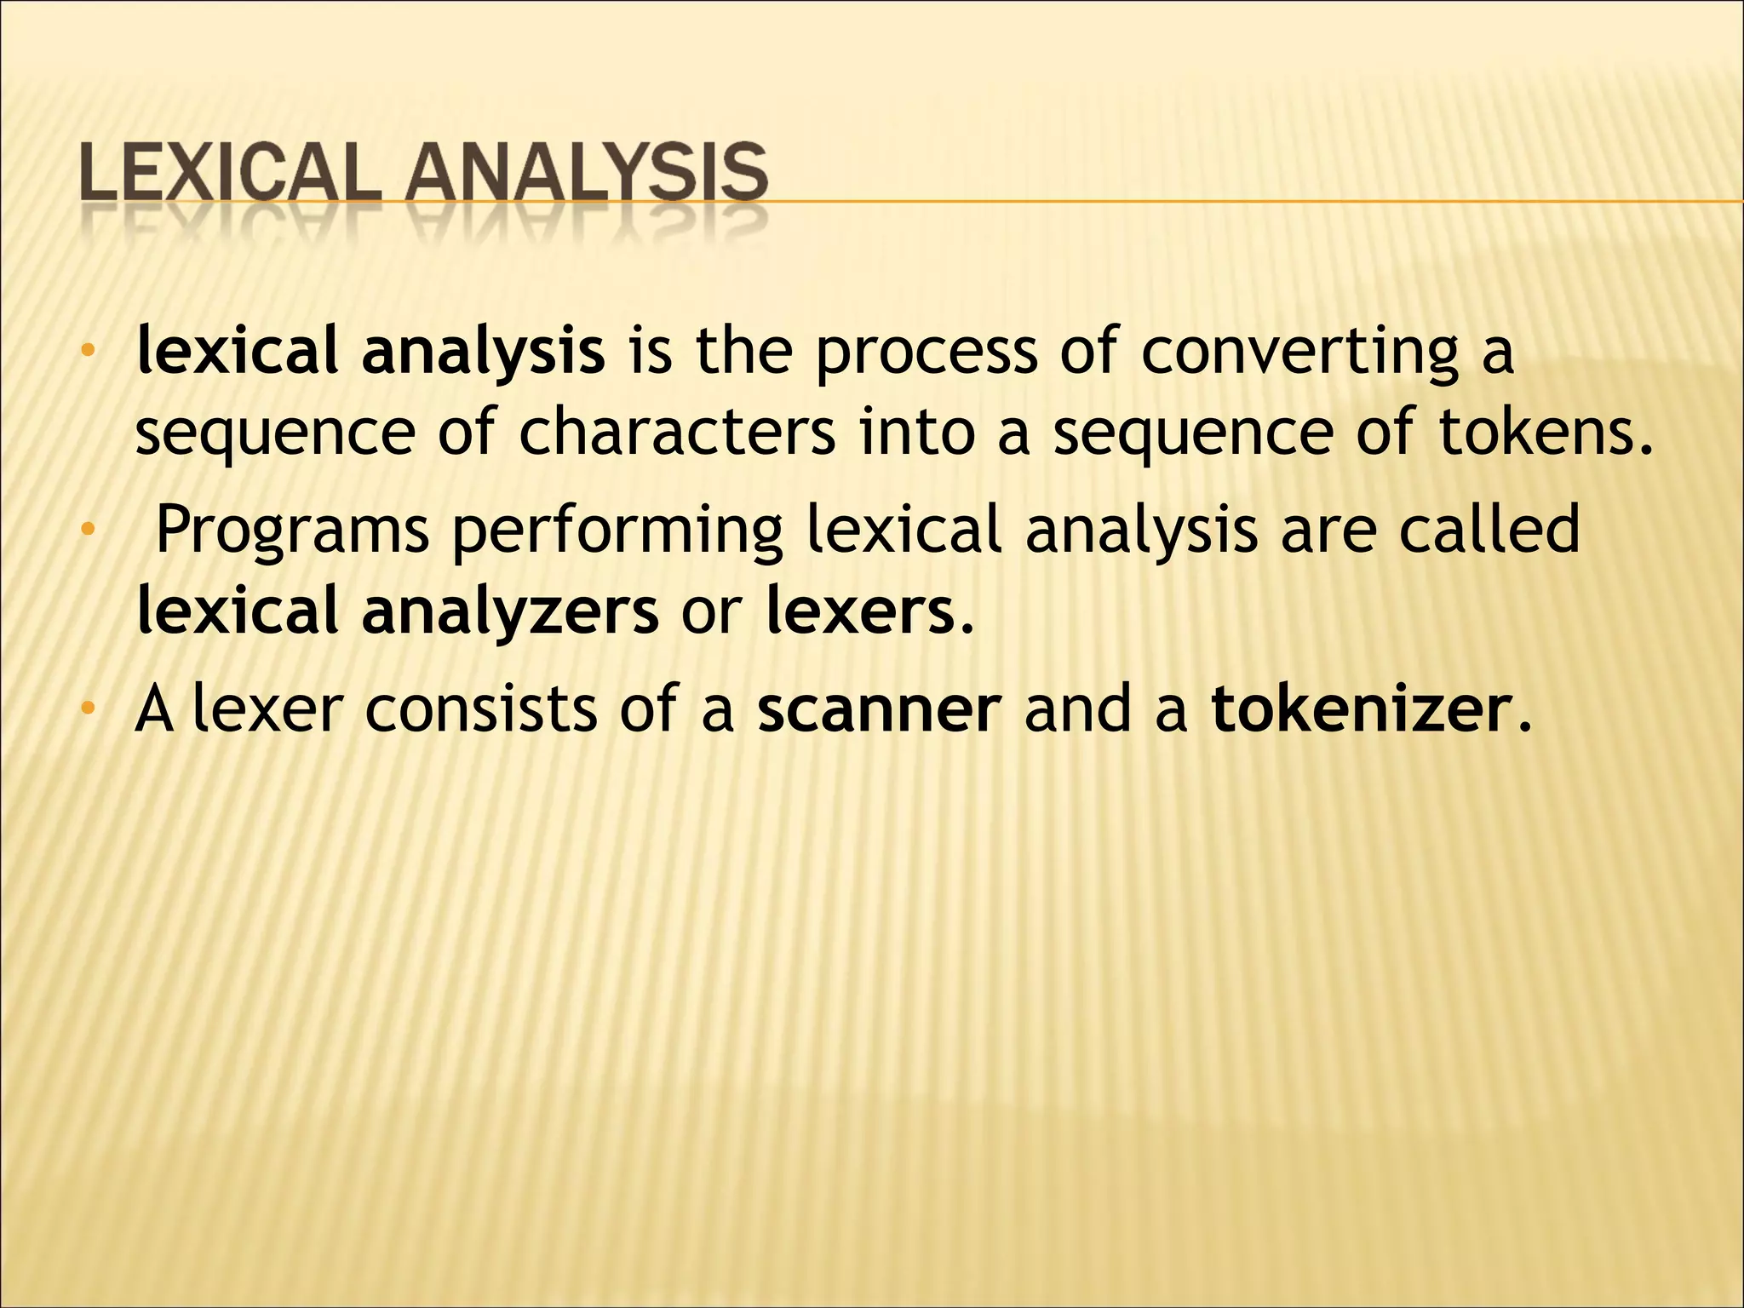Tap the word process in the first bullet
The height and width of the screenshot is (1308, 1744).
[x=926, y=353]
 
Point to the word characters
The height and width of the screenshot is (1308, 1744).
[x=677, y=433]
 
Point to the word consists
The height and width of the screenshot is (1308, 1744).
[x=481, y=709]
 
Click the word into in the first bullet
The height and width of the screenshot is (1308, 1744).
[x=915, y=432]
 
